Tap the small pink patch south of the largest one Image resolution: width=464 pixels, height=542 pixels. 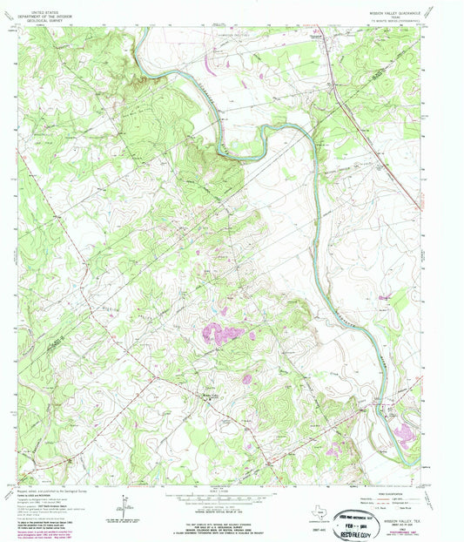pos(246,378)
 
